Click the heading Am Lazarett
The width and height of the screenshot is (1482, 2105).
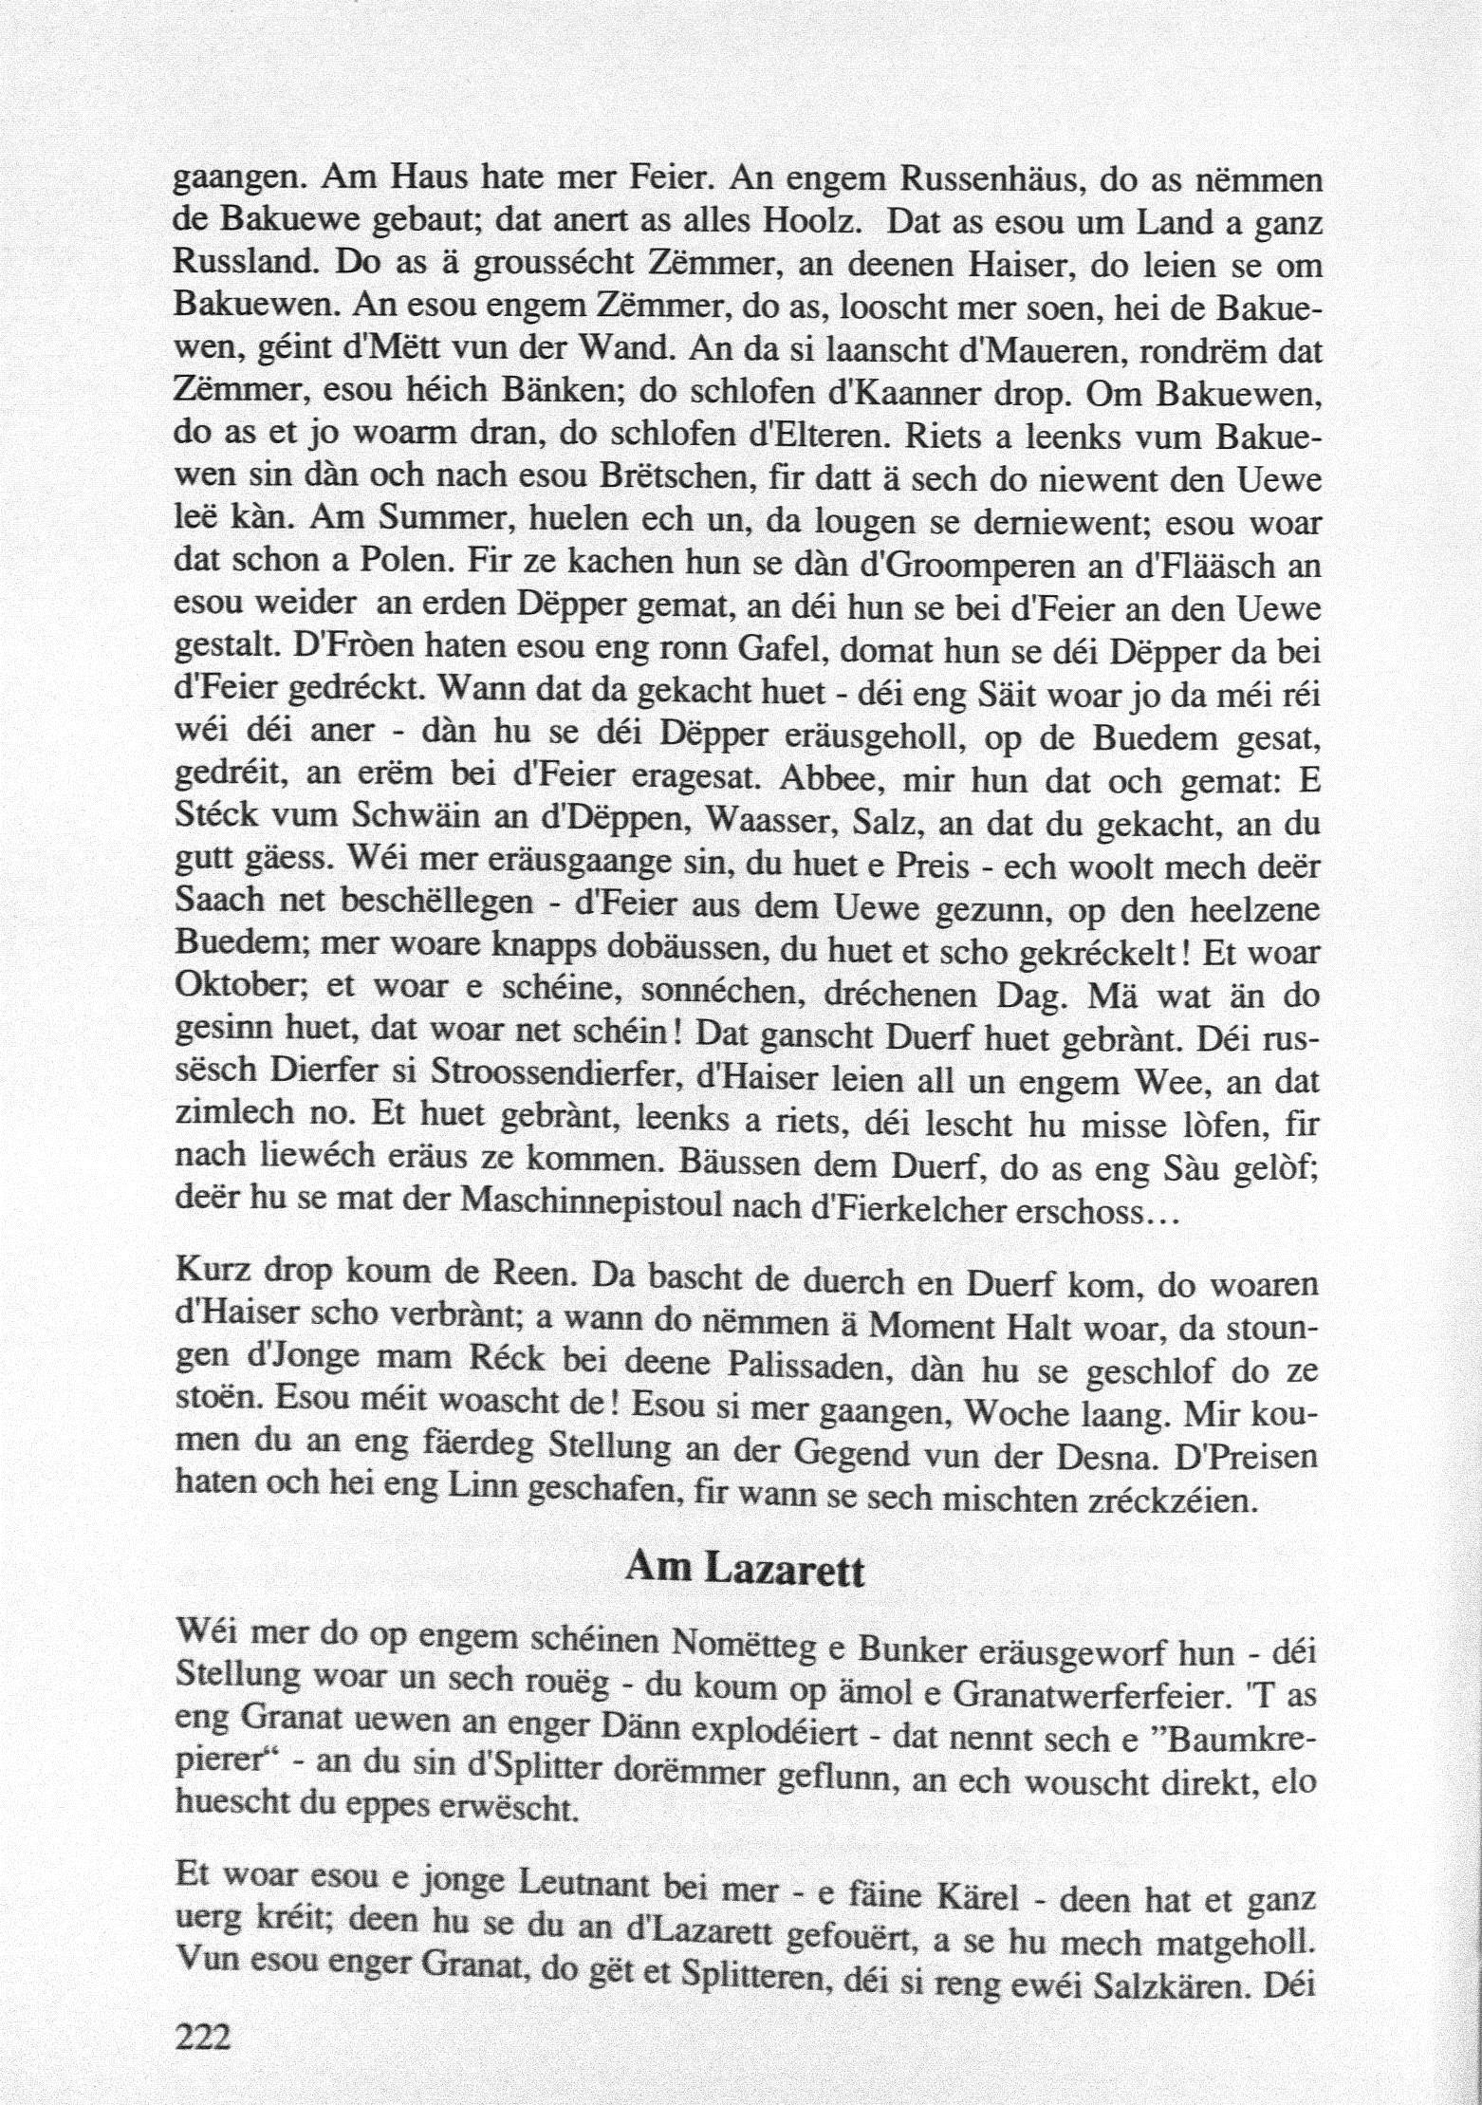[x=745, y=1572]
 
